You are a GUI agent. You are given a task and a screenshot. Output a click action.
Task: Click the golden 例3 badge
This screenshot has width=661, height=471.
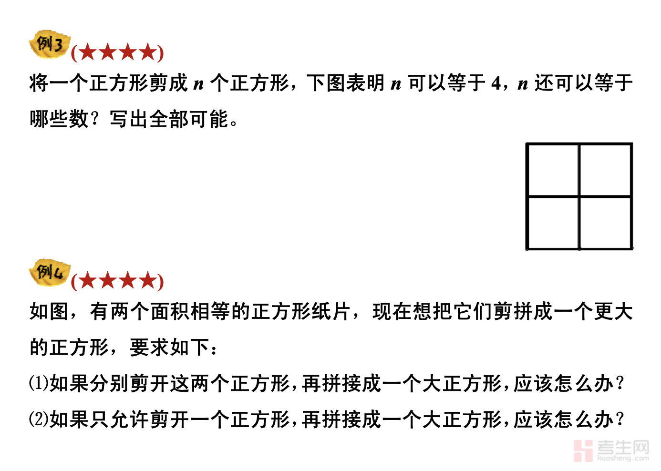click(49, 45)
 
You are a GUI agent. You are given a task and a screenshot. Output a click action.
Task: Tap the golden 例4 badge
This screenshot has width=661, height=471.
click(49, 273)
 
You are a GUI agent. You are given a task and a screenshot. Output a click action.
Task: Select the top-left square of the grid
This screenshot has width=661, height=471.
click(553, 170)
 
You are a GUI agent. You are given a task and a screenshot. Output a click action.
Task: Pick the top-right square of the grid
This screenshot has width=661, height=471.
click(606, 170)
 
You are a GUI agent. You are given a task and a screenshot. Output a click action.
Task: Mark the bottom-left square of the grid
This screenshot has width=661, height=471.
click(553, 223)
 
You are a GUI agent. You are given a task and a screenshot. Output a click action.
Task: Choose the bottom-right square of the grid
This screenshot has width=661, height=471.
click(606, 223)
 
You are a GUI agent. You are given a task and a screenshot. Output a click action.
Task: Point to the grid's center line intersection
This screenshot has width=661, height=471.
click(579, 196)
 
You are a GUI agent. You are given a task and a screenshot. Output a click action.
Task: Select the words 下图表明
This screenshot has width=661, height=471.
click(345, 83)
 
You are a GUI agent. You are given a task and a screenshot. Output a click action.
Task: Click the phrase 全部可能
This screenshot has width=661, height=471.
click(189, 119)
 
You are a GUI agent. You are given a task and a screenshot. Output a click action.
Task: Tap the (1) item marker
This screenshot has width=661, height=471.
click(38, 383)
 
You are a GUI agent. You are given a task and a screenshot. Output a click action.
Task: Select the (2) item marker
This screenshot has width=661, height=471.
click(38, 420)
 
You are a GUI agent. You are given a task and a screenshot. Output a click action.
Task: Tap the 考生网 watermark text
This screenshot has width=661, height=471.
click(623, 448)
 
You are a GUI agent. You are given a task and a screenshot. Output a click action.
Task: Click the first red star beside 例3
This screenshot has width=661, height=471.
click(88, 52)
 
